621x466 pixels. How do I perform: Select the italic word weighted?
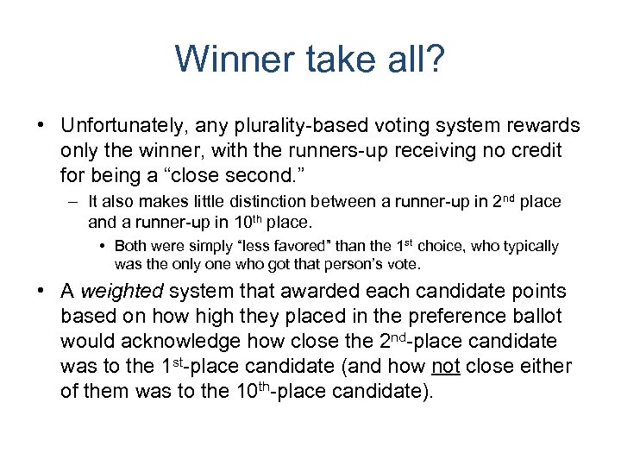pos(116,293)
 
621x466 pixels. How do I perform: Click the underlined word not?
pos(445,367)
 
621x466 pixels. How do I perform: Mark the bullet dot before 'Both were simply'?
pos(103,246)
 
